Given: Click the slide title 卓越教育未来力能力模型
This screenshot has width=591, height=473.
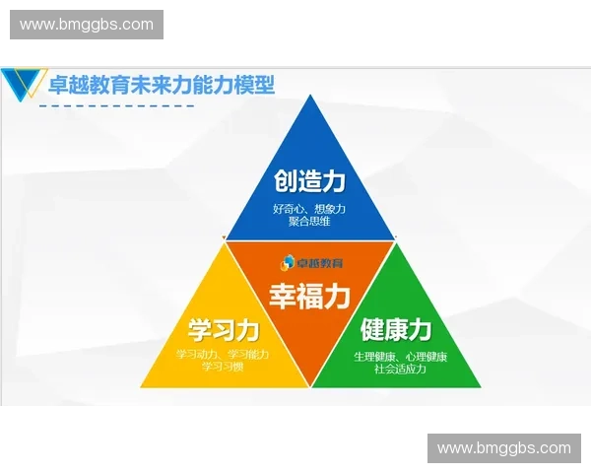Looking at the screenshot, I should coord(162,85).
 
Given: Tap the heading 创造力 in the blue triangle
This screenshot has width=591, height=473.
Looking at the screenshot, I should coord(309,182).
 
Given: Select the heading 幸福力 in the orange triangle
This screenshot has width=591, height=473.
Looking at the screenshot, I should coord(309,296).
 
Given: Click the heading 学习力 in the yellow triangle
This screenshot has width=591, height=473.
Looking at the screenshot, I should coord(224,329).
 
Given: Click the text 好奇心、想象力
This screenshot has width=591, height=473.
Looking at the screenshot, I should coord(309,209).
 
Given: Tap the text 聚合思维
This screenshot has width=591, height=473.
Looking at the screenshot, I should coord(309,222).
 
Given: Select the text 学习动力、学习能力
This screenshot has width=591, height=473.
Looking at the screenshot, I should coord(223,354).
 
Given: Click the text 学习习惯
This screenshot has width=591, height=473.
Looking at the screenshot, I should coord(223,367).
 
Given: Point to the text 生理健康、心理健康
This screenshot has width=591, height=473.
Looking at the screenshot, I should coord(400,355).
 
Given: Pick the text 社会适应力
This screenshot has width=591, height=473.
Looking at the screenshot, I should coord(400,369).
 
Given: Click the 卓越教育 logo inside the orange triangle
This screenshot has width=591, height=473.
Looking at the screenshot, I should coord(309,262).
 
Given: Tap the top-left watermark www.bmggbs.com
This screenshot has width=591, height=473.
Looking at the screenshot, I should coord(87,24).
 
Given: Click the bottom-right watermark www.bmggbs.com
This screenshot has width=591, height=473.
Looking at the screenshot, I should coord(503,448).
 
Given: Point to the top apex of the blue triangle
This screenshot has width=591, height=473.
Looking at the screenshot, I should coord(310,97).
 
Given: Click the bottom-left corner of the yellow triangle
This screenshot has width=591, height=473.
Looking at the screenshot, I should coord(141,386).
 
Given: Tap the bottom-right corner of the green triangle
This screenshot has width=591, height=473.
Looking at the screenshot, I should coord(481,386).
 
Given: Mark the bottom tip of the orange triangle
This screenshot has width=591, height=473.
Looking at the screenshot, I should coord(310,386).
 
